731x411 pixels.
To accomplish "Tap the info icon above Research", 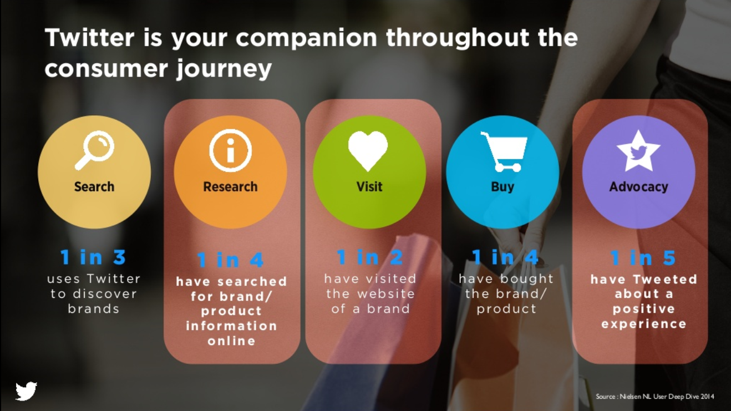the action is tap(230, 150).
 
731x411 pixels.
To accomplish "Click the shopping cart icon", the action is tap(504, 151).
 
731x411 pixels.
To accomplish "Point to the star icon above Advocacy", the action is tap(638, 151).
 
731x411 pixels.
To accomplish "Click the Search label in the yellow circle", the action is tap(94, 187).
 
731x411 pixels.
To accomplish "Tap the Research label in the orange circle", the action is tap(230, 187).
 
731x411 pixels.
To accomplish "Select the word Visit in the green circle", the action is tap(369, 187).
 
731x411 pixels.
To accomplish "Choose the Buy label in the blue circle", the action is tap(502, 187).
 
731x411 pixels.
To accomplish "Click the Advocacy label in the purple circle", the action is tap(638, 187).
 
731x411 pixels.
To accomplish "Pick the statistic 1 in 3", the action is tap(93, 257).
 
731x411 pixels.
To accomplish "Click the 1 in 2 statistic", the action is tap(370, 257).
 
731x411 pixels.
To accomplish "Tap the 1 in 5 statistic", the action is tap(643, 258).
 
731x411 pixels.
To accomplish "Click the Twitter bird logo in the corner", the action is tap(26, 391).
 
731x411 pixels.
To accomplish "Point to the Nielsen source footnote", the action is tap(654, 397).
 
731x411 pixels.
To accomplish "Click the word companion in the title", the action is tap(306, 38).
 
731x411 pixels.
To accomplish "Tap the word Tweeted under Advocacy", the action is tap(665, 280).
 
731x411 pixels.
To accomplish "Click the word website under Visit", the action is tap(386, 294).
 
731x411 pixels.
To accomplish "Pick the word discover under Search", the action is tap(105, 294).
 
